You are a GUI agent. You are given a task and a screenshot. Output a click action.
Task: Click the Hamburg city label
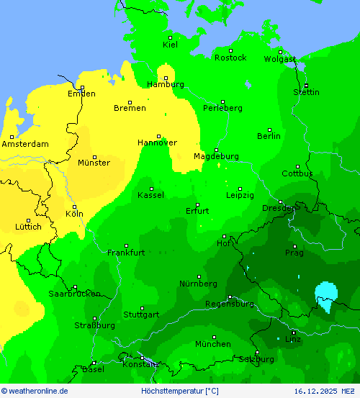(x=165, y=84)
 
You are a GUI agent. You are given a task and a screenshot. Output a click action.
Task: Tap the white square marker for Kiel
(x=171, y=37)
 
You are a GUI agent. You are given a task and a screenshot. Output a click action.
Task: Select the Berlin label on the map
(x=269, y=136)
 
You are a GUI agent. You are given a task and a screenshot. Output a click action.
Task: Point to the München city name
(x=212, y=344)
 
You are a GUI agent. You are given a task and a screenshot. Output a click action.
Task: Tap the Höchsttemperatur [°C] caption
(x=180, y=391)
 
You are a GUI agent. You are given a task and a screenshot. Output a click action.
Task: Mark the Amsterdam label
(x=25, y=144)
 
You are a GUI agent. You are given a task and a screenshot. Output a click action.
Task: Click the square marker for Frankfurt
(x=126, y=245)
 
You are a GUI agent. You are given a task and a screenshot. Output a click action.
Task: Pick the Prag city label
(x=294, y=253)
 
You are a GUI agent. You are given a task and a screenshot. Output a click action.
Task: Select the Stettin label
(x=306, y=92)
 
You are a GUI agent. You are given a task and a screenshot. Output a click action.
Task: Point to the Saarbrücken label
(x=74, y=294)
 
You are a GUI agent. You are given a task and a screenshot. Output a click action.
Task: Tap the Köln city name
(x=74, y=214)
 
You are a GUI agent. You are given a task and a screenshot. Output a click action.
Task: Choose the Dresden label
(x=280, y=209)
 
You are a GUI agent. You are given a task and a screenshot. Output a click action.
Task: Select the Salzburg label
(x=256, y=358)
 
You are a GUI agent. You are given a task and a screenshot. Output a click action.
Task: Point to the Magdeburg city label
(x=216, y=156)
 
